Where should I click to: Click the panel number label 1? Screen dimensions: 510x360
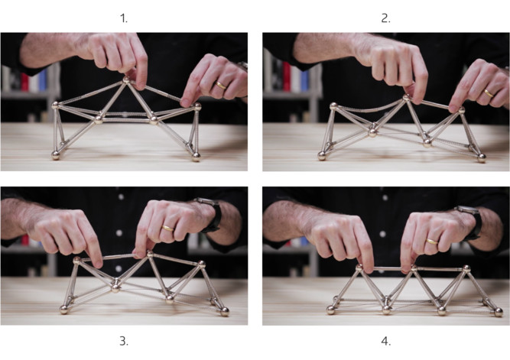click(124, 19)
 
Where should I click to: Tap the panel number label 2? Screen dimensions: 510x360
click(385, 19)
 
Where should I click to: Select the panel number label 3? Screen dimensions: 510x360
click(124, 341)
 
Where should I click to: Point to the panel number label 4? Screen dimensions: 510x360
click(385, 341)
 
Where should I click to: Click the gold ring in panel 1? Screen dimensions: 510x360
click(221, 86)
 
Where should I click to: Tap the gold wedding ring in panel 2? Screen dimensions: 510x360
click(489, 93)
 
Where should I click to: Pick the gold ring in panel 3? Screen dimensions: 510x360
click(167, 229)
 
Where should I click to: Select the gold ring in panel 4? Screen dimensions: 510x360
click(432, 242)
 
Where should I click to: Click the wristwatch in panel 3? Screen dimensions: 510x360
click(210, 215)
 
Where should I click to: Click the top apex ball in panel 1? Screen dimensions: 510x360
click(126, 79)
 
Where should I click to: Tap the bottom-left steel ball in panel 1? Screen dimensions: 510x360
click(56, 155)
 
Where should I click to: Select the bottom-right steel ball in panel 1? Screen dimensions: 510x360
click(196, 157)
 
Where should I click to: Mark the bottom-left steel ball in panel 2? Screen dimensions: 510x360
click(322, 156)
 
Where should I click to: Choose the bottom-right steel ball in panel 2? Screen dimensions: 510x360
click(482, 158)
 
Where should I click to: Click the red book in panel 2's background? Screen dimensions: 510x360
click(287, 76)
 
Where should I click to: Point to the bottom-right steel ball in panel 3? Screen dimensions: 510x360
click(225, 312)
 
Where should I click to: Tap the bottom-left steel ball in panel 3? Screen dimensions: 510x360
click(64, 310)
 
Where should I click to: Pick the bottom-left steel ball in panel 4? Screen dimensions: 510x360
click(331, 310)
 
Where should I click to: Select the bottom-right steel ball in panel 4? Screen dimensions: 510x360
click(499, 312)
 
